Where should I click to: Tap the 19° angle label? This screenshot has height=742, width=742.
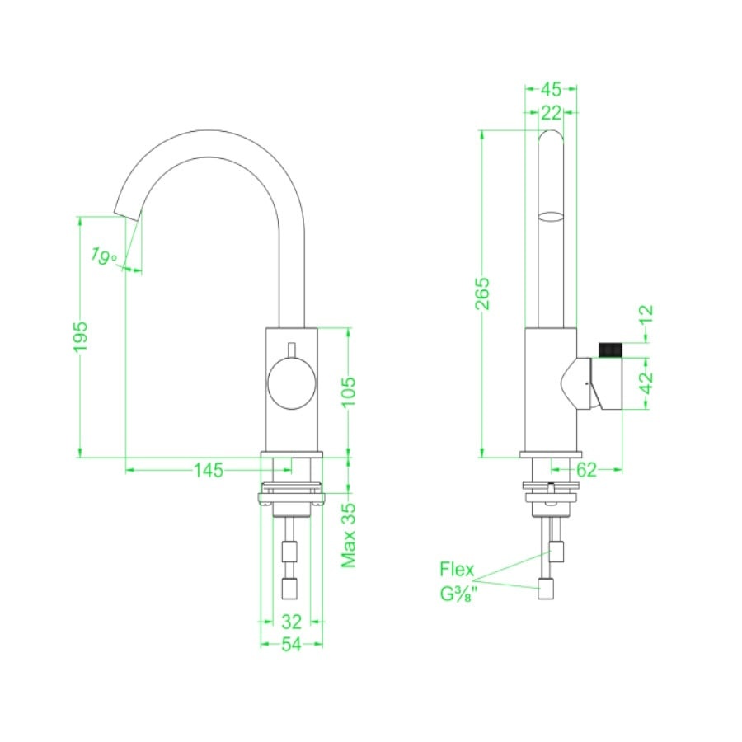coord(103,256)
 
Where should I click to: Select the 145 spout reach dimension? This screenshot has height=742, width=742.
coord(209,470)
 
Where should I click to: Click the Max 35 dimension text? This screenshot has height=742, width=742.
coord(350,535)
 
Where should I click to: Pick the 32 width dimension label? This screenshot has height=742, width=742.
coord(291,621)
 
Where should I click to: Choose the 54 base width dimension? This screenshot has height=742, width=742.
coord(291,646)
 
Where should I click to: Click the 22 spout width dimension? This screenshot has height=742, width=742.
coord(552,113)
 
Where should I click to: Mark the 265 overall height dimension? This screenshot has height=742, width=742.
coord(482,294)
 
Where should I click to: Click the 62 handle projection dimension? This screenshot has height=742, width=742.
coord(586,470)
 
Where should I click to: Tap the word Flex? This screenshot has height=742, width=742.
coord(457,569)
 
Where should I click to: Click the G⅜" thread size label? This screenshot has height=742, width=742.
coord(459,594)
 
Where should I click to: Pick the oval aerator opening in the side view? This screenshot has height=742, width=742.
coord(551,217)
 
